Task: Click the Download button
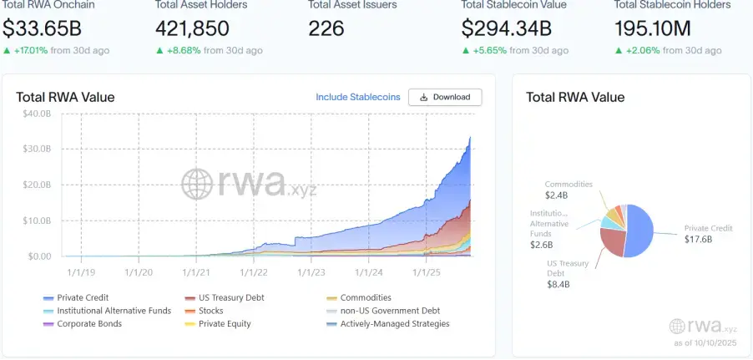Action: (x=445, y=98)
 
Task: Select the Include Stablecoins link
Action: (x=357, y=98)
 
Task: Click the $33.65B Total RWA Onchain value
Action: (x=43, y=28)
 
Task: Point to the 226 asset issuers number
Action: (x=326, y=28)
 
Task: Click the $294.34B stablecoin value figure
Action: (x=507, y=28)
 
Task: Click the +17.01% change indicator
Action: (x=33, y=51)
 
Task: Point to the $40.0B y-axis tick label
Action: (x=37, y=114)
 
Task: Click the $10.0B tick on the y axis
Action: (x=37, y=221)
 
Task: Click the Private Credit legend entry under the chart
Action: (x=83, y=297)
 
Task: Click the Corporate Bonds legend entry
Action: (x=88, y=324)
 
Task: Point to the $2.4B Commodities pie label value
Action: (x=556, y=195)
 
